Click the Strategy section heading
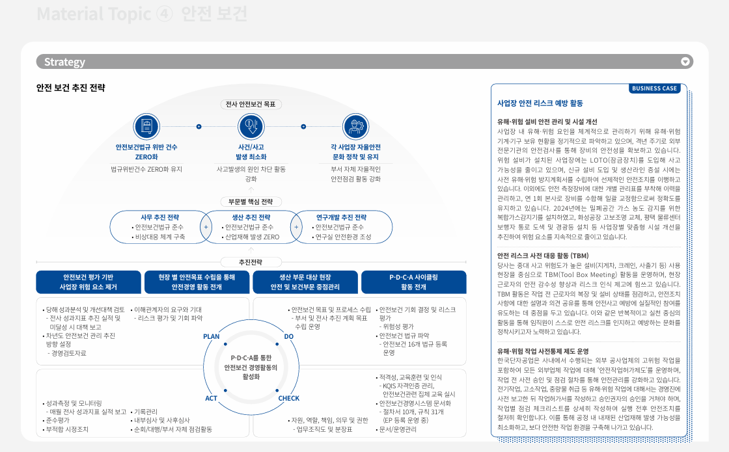64,62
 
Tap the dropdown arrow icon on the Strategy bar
685,62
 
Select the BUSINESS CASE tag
654,88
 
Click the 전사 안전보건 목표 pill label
251,104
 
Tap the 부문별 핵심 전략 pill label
251,202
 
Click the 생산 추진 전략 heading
251,217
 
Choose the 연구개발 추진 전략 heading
341,217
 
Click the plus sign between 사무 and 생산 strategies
206,228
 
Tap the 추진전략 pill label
251,262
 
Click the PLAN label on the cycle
212,336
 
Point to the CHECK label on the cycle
289,398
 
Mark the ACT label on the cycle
212,398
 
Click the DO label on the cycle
288,336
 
